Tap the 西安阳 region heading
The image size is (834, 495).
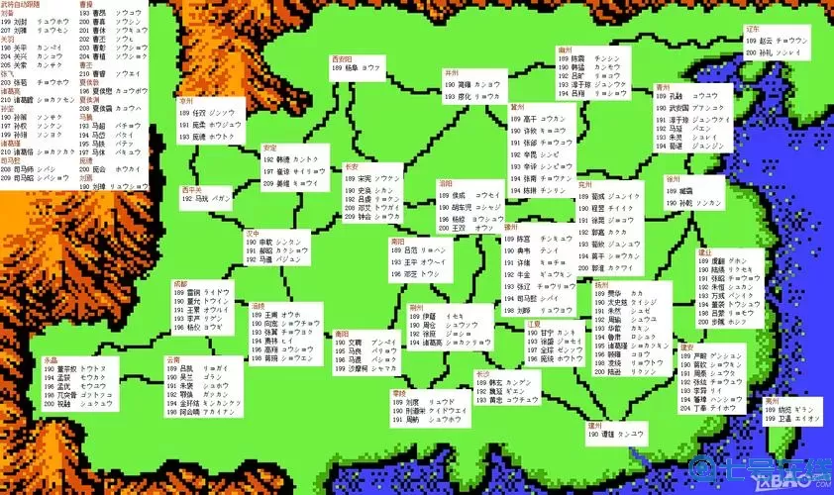tap(342, 59)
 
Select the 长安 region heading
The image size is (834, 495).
tap(353, 166)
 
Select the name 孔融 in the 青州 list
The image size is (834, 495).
tap(686, 97)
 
